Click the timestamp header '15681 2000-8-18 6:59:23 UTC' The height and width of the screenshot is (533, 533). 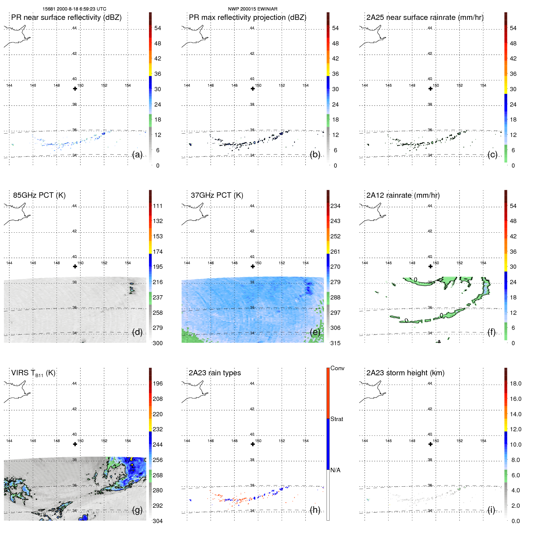click(x=74, y=9)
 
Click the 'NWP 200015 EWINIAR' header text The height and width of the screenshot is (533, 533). click(x=253, y=9)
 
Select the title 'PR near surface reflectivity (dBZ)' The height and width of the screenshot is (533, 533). click(x=66, y=17)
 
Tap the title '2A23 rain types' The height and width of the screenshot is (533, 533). click(x=215, y=373)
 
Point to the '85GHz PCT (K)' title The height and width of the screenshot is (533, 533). click(x=39, y=195)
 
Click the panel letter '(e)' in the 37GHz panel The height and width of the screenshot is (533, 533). click(x=315, y=332)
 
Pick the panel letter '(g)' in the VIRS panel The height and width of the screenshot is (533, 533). click(x=137, y=510)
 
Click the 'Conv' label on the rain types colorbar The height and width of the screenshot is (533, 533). click(x=337, y=368)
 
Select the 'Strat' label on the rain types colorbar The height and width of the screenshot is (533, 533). click(x=336, y=419)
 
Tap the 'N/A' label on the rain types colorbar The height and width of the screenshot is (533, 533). click(x=335, y=470)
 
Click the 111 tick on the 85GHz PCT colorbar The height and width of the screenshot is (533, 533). click(x=158, y=206)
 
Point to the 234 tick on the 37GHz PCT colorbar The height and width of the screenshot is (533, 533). click(x=335, y=206)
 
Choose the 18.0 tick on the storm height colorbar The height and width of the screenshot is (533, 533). click(x=515, y=384)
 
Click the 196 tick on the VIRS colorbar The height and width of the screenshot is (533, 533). click(x=158, y=384)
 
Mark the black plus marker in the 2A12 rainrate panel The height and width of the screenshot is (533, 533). click(x=430, y=266)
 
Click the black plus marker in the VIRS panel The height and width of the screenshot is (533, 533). click(x=75, y=444)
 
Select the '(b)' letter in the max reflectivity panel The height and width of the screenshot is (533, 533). click(x=315, y=154)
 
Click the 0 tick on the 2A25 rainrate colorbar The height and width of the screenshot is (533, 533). click(x=513, y=166)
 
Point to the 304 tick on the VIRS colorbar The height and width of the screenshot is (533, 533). click(x=158, y=521)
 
